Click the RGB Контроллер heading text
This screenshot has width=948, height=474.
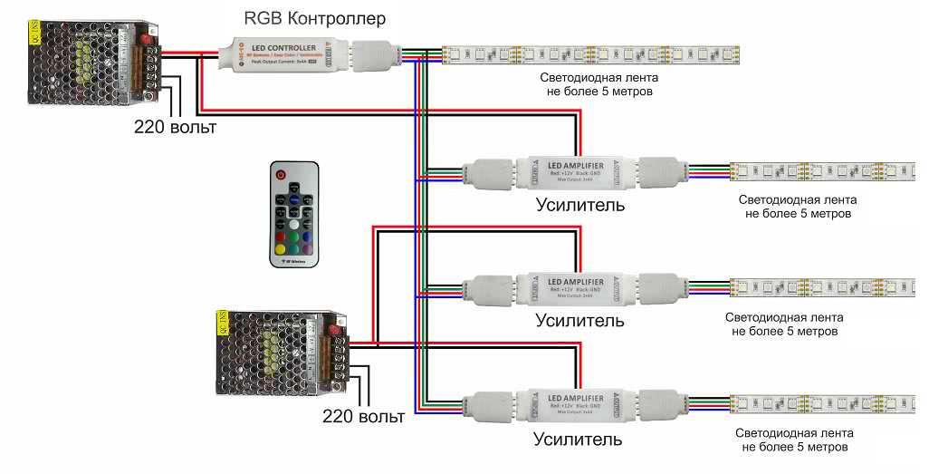[315, 17]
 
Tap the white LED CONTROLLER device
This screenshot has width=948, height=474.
[282, 53]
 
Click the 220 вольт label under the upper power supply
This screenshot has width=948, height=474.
[176, 127]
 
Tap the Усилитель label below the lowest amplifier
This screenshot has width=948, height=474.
[578, 440]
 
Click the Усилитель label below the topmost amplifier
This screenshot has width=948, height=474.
[580, 204]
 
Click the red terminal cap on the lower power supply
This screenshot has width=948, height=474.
[338, 331]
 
